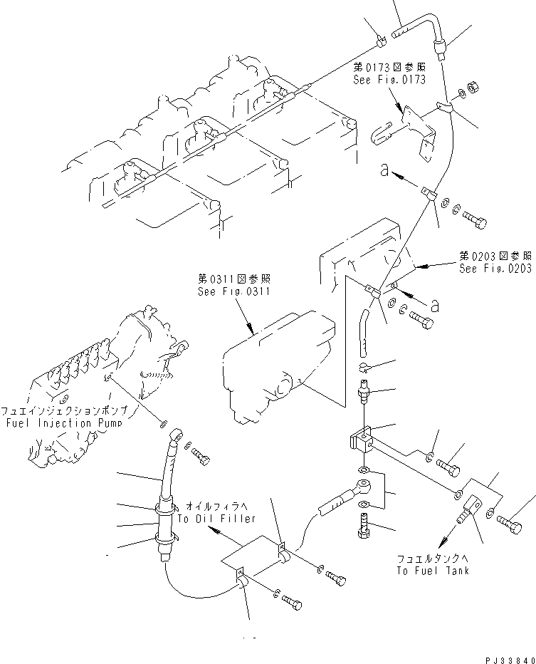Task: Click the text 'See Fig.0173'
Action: pos(389,80)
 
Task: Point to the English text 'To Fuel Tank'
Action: pos(435,570)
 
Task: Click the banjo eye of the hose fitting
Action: pos(363,489)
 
